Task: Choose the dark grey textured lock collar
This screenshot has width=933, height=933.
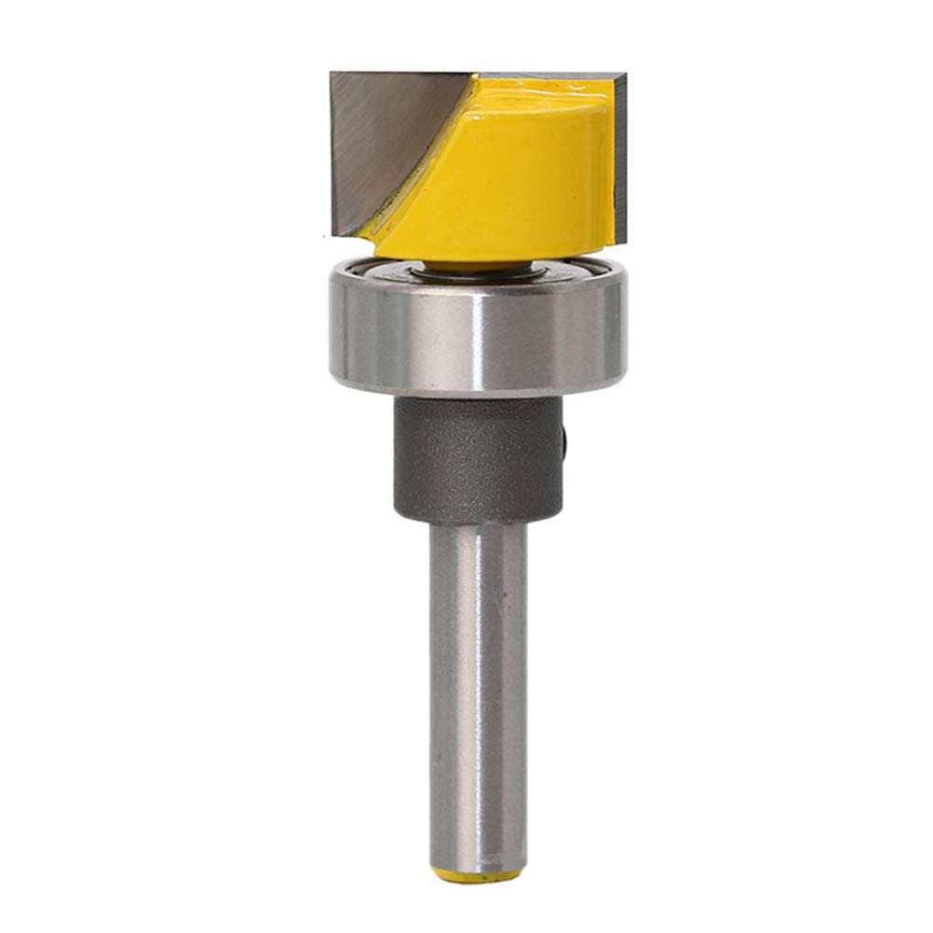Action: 476,457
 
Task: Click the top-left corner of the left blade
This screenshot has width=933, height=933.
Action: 333,75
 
